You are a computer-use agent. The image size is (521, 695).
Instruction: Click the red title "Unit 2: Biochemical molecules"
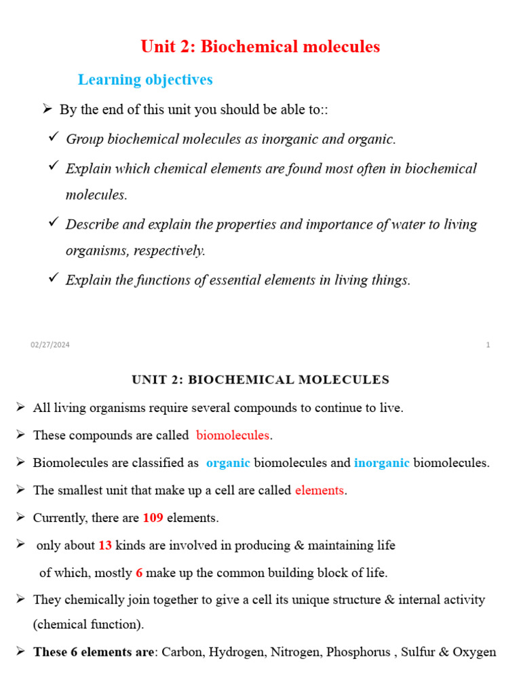tap(260, 47)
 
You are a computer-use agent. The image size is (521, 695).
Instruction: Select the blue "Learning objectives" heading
tap(145, 79)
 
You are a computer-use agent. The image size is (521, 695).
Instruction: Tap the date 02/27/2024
tap(50, 345)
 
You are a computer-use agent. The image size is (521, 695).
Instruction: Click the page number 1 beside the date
tap(488, 345)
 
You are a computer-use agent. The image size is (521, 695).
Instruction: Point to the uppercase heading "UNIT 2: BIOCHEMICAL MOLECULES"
tap(260, 379)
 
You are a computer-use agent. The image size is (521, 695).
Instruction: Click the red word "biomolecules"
tap(233, 435)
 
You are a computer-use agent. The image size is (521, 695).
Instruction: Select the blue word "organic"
tap(228, 463)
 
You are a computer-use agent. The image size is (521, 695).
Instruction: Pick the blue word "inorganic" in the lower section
tap(381, 463)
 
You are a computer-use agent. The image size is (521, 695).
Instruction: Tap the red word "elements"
tap(320, 490)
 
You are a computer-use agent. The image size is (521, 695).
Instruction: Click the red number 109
tap(153, 518)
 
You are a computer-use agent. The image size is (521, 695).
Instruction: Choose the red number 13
tap(105, 545)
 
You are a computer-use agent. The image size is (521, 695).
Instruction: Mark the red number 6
tap(139, 573)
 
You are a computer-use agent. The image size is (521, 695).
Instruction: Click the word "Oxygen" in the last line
tap(476, 652)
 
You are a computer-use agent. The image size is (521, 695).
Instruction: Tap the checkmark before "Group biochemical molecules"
tap(53, 138)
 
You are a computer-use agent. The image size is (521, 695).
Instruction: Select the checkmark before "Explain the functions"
tap(53, 278)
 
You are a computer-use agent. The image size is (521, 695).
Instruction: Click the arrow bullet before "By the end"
tap(47, 109)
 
